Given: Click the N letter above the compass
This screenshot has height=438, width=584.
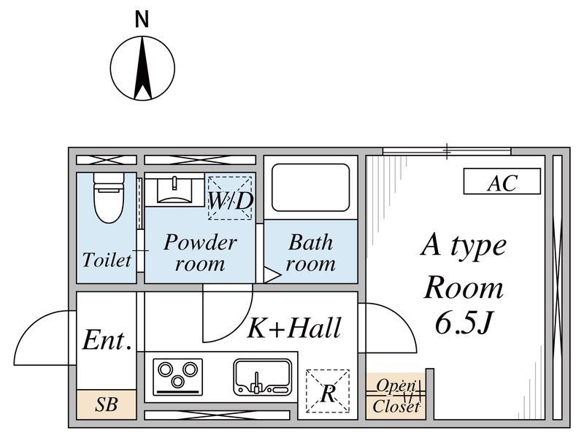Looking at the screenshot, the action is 142,20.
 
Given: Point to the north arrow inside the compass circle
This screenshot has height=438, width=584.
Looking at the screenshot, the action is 142,68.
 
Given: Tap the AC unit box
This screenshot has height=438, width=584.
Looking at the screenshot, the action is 502,181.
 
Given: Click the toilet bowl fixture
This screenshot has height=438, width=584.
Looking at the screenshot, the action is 108,197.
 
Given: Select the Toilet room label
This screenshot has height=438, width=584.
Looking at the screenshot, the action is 107,260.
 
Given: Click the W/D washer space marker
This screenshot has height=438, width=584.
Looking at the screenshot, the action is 230,198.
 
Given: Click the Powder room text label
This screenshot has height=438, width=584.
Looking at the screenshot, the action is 200,253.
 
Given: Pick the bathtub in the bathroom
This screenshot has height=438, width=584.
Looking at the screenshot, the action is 311,188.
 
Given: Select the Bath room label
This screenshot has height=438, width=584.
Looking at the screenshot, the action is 310,253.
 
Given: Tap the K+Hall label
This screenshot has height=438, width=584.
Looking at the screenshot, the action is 294,328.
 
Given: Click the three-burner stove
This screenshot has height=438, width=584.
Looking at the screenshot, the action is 177,377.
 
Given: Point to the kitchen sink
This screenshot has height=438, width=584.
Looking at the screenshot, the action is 263,377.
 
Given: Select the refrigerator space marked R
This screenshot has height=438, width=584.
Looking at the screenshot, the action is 328,391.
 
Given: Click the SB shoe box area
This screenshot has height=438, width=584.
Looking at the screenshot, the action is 106,404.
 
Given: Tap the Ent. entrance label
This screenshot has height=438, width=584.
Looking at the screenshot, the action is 107,339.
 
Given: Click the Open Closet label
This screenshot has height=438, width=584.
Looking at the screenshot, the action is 396,396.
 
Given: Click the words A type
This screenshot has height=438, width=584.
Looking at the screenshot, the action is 464,247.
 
